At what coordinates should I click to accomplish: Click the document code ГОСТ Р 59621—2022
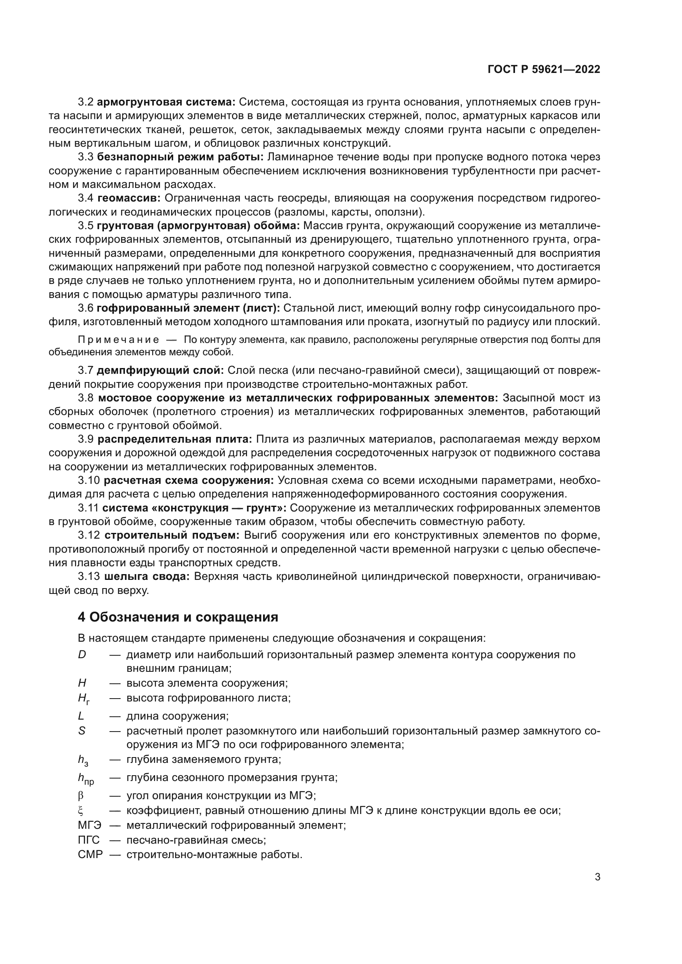544,70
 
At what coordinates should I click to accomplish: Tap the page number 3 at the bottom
597,877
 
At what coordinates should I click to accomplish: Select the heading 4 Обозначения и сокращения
178,617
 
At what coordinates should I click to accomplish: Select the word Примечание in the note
118,340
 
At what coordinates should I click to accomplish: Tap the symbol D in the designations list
82,654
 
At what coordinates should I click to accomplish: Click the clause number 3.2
86,102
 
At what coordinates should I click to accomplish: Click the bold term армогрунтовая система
166,102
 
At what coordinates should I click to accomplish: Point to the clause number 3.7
86,371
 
